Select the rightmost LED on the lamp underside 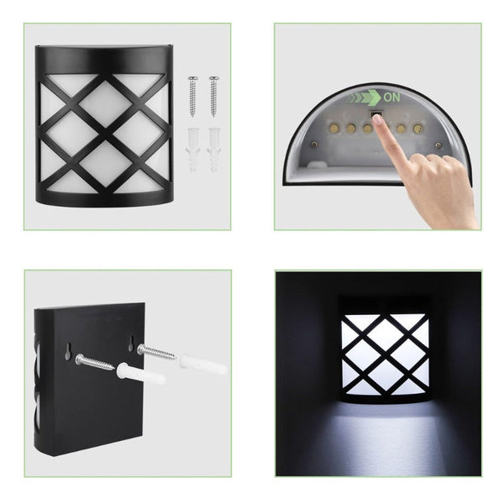tap(417, 129)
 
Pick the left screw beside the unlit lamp tap(192, 96)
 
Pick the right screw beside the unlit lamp tap(213, 94)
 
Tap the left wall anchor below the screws tap(192, 150)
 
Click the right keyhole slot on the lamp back tap(132, 344)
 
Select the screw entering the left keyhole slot tap(93, 362)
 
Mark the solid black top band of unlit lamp tap(102, 60)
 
